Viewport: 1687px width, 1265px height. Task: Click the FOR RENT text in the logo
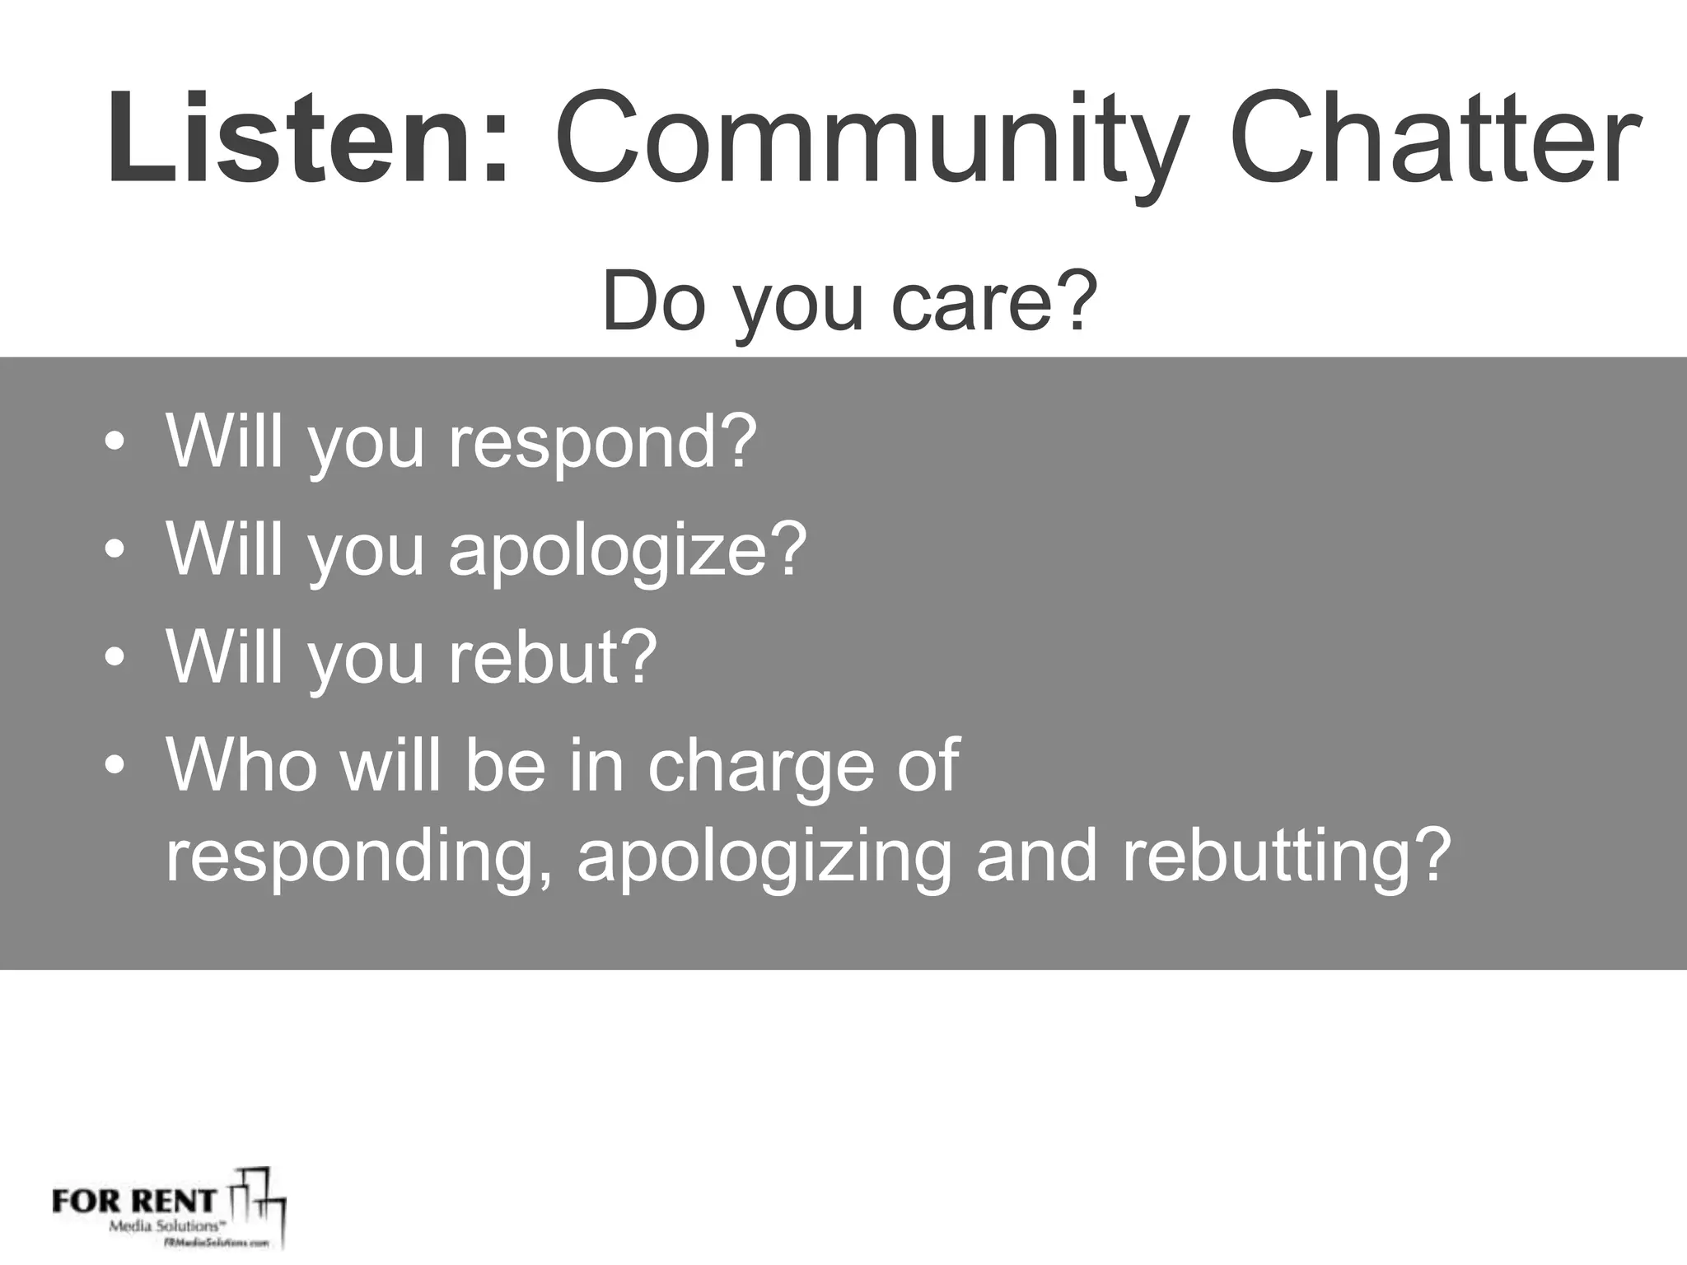click(x=134, y=1200)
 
